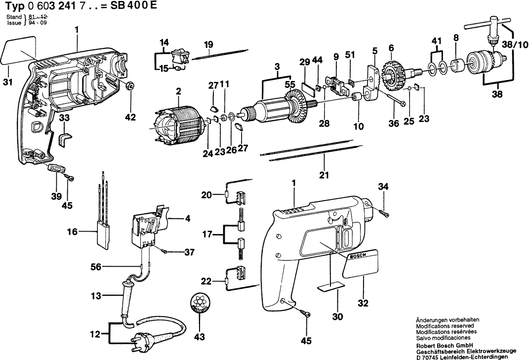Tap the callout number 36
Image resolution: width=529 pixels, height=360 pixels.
[x=393, y=124]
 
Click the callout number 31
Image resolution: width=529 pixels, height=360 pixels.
[x=7, y=82]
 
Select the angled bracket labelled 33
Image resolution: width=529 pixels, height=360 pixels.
[x=64, y=139]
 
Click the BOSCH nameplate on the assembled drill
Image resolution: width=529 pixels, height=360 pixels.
[x=362, y=262]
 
